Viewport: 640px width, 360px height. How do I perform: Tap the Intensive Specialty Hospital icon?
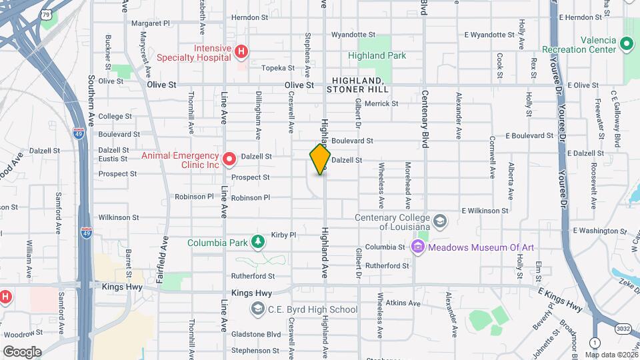[x=242, y=51]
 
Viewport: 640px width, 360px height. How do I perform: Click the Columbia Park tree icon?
[x=258, y=242]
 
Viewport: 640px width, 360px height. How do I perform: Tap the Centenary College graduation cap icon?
[x=439, y=221]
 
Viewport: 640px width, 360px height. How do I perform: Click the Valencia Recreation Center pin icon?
[x=626, y=45]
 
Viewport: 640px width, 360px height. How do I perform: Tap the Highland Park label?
[x=377, y=56]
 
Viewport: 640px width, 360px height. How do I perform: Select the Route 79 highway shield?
[x=46, y=13]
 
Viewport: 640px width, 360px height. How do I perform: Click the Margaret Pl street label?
[x=151, y=23]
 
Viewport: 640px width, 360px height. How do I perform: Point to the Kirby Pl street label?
[x=283, y=235]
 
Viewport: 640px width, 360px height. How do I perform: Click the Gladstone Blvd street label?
[x=256, y=334]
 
